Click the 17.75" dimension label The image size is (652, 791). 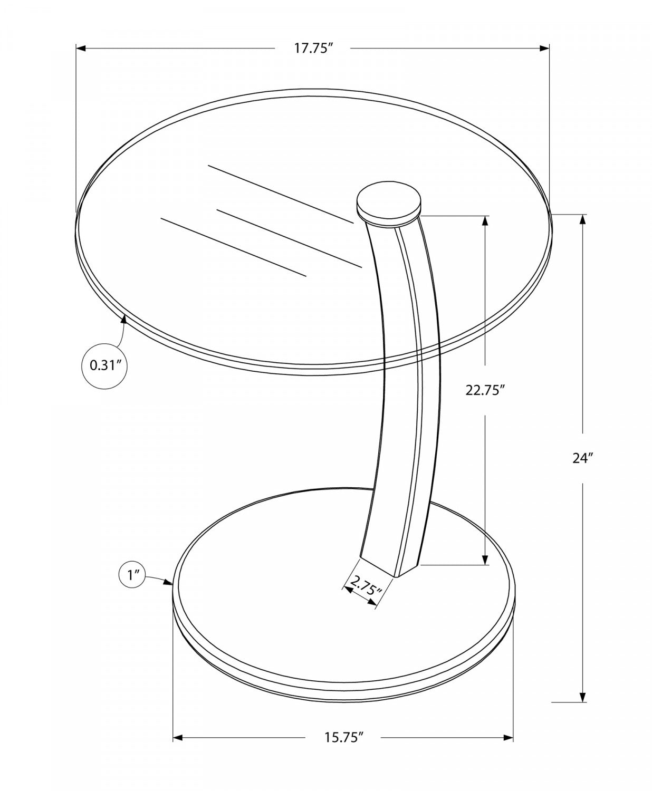pyautogui.click(x=314, y=49)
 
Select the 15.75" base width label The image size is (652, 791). pyautogui.click(x=344, y=737)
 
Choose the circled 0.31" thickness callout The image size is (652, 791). pyautogui.click(x=106, y=365)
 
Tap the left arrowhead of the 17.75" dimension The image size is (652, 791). pyautogui.click(x=81, y=49)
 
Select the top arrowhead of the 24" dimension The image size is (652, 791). pyautogui.click(x=583, y=219)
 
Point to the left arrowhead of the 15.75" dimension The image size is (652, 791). pyautogui.click(x=178, y=738)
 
